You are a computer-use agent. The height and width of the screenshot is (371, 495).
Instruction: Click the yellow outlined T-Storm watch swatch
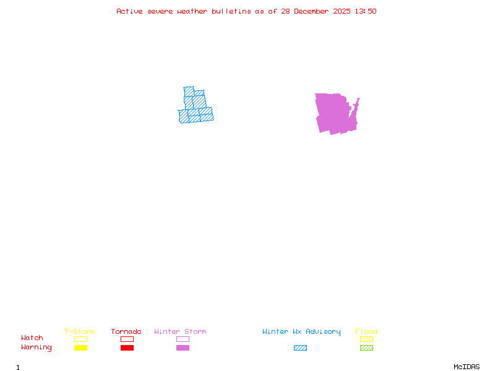point(80,339)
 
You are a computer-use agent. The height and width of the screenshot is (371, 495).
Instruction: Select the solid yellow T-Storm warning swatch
point(80,348)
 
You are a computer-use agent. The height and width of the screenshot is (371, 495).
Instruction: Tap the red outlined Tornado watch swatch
point(127,339)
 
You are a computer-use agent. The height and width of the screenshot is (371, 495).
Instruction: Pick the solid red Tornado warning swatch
point(127,348)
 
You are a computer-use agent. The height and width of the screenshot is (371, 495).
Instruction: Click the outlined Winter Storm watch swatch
point(183,339)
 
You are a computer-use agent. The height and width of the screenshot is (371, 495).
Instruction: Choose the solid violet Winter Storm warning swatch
point(183,348)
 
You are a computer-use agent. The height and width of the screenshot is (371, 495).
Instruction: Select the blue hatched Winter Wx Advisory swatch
point(300,348)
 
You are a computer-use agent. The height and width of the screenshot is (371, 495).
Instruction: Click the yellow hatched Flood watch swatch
point(366,339)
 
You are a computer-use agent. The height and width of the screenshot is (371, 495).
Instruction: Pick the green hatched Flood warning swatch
point(366,348)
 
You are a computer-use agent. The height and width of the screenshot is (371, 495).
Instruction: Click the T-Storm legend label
point(80,331)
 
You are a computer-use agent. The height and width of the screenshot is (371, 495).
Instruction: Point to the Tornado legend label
point(126,331)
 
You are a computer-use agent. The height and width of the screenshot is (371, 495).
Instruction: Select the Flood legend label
point(366,331)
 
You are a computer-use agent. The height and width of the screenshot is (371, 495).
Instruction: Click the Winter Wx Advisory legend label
point(301,331)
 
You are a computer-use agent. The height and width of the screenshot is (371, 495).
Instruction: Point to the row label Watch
point(32,338)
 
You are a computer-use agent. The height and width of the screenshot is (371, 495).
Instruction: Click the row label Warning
point(37,348)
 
